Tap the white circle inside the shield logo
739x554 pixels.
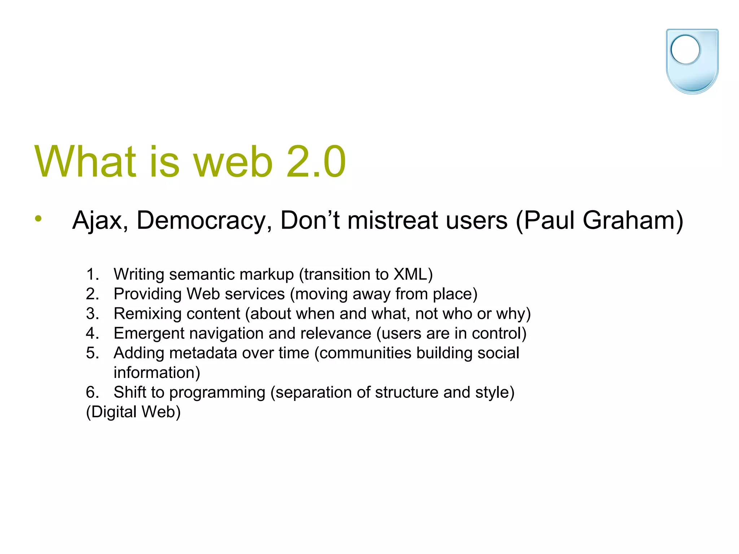click(685, 50)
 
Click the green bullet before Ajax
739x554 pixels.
click(39, 218)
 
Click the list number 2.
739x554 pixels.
click(92, 294)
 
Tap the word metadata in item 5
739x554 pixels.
click(203, 353)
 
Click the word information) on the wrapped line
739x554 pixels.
click(157, 373)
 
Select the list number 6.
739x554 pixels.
click(92, 392)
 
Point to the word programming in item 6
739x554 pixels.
click(217, 392)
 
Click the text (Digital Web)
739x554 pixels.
click(133, 412)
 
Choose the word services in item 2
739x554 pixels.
click(255, 294)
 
